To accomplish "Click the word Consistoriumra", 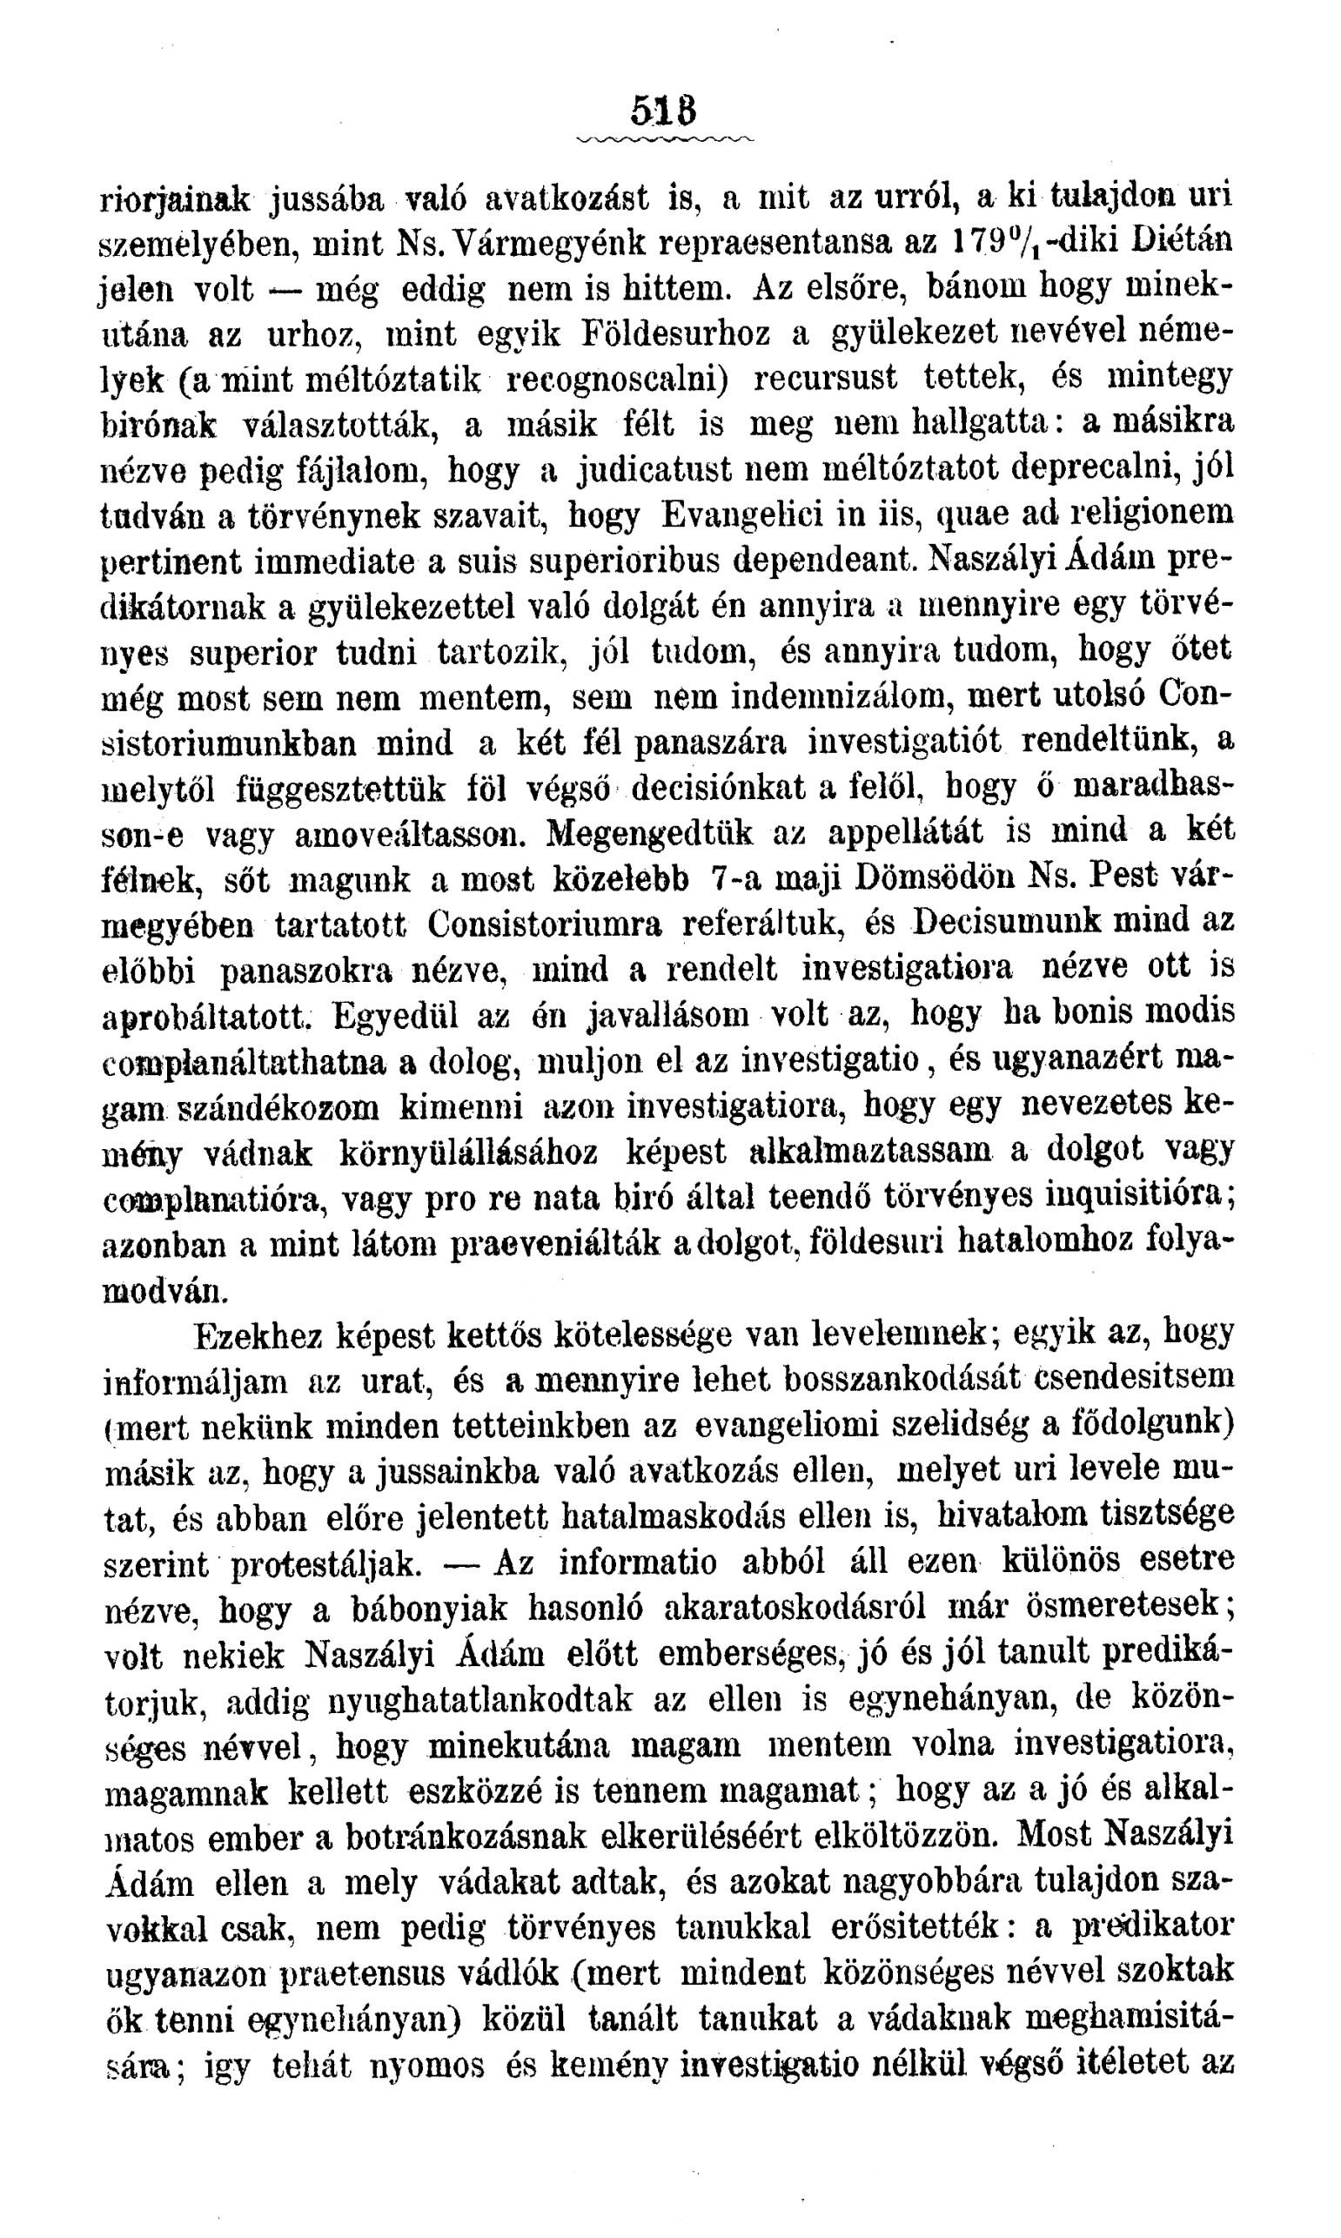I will click(545, 923).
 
